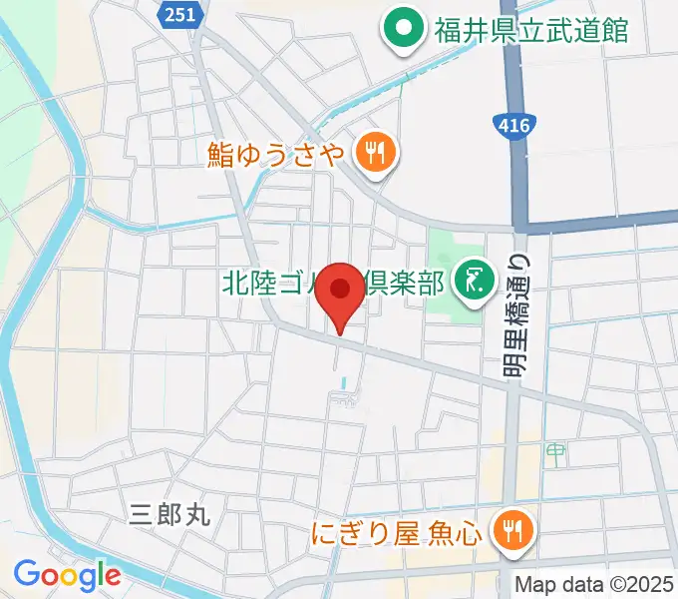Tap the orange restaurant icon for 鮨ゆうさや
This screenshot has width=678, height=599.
[377, 153]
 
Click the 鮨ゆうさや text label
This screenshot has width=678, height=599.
[276, 154]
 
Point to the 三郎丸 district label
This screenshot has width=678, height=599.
[170, 515]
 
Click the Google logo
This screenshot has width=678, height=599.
[67, 575]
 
